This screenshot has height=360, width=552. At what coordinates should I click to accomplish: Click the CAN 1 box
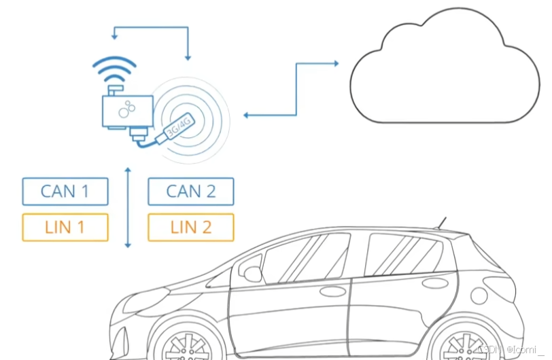pos(65,192)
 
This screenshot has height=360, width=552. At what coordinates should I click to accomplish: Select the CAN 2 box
pos(190,192)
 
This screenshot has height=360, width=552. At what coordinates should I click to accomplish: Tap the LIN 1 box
pos(65,228)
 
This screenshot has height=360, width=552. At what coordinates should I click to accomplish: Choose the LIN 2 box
pos(190,228)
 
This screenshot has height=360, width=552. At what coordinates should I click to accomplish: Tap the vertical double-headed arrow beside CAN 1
pos(127,207)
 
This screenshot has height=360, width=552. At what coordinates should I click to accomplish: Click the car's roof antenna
pos(442,223)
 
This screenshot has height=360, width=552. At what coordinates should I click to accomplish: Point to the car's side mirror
pos(253,274)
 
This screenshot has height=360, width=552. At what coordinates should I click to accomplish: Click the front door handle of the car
pos(332,291)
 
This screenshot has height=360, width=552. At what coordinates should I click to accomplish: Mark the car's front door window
pos(306,258)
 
